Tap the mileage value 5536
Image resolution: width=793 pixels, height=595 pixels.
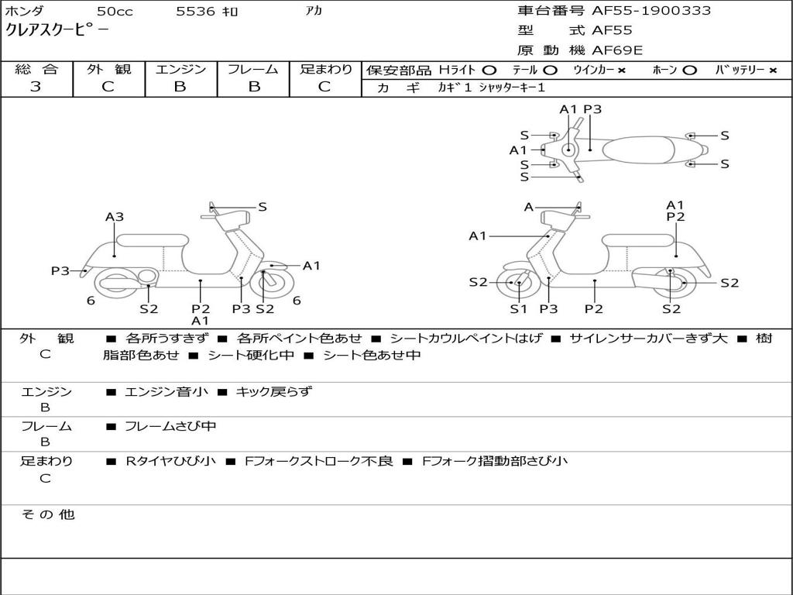(196, 12)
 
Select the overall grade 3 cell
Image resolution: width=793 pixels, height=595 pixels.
(36, 87)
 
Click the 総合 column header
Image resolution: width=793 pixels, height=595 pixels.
(36, 70)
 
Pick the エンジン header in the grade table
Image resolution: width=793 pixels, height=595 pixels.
(180, 70)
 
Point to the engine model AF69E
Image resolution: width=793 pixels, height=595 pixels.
(617, 50)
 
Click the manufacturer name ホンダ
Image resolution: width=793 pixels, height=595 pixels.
(24, 12)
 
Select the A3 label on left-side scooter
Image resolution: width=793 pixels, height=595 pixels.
(115, 218)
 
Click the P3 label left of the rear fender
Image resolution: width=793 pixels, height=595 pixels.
(60, 271)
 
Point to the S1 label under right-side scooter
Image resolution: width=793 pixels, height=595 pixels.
(518, 308)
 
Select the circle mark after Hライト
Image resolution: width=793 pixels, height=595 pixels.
(489, 71)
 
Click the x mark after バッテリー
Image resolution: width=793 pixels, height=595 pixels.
(772, 71)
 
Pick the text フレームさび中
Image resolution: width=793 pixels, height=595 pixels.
(170, 426)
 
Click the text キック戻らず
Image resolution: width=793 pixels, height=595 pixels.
(273, 392)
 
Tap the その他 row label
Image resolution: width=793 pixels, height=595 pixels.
(47, 514)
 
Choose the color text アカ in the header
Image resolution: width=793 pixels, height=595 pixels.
(314, 12)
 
